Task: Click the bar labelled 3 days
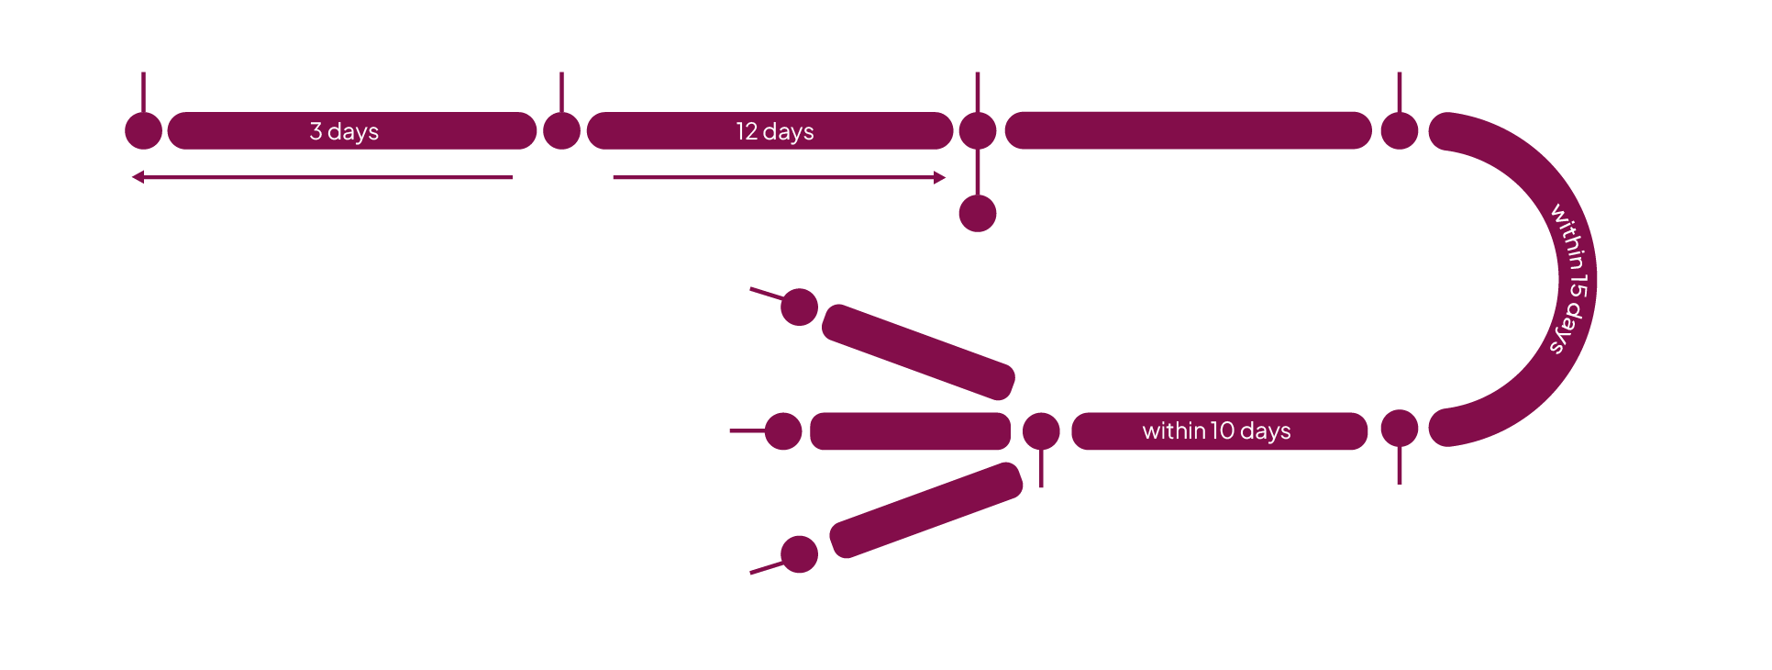[351, 131]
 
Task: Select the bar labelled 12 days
[769, 131]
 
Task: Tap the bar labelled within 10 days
[1219, 431]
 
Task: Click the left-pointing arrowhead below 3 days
[138, 177]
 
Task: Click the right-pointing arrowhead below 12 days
[940, 177]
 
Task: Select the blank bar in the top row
[1188, 130]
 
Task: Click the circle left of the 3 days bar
[143, 130]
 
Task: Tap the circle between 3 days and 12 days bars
[561, 130]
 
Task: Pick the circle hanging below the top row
[978, 214]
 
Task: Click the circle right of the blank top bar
[1400, 130]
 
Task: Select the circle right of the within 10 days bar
[1400, 429]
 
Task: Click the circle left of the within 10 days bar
[1041, 430]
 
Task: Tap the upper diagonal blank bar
[918, 352]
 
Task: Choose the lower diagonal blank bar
[925, 509]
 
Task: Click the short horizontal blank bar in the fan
[910, 431]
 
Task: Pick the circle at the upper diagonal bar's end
[799, 307]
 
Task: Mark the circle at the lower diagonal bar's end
[799, 554]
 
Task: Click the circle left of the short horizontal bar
[783, 431]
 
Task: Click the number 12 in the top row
[746, 131]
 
